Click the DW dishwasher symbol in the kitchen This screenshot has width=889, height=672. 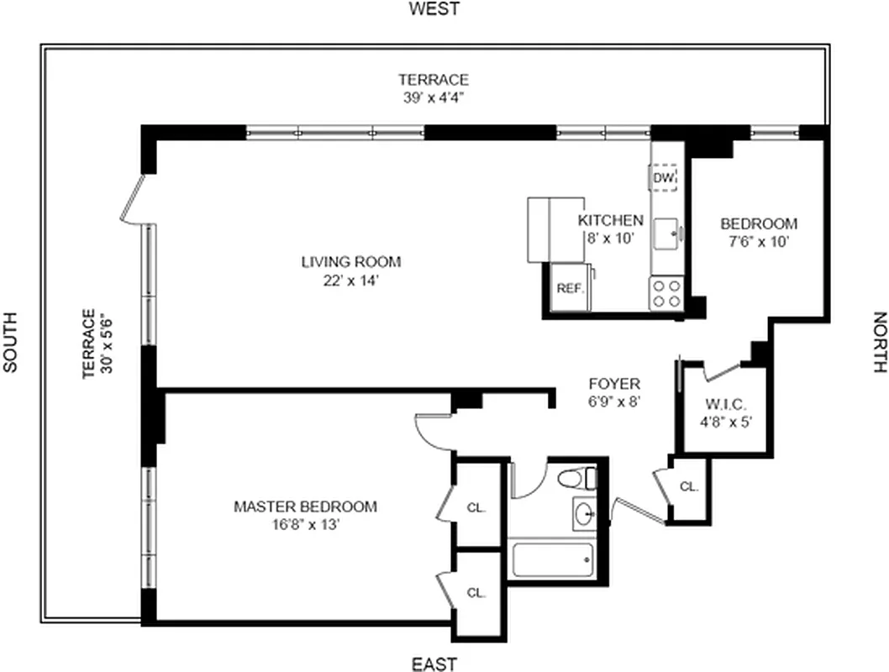tap(663, 178)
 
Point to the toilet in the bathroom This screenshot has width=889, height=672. tap(576, 479)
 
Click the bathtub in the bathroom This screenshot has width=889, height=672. tap(553, 559)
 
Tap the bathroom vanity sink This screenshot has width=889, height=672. tap(585, 512)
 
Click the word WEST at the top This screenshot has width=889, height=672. tap(434, 9)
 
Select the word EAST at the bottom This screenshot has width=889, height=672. tap(434, 664)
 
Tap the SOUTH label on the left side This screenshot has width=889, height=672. tap(9, 342)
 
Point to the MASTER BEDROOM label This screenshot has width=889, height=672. tap(305, 507)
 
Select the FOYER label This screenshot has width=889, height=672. tap(614, 384)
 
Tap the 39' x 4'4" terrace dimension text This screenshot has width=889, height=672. tap(434, 97)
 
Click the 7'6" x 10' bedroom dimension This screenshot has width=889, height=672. tap(759, 242)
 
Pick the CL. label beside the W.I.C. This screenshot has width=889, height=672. tap(689, 486)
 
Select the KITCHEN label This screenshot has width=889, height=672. tap(610, 220)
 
